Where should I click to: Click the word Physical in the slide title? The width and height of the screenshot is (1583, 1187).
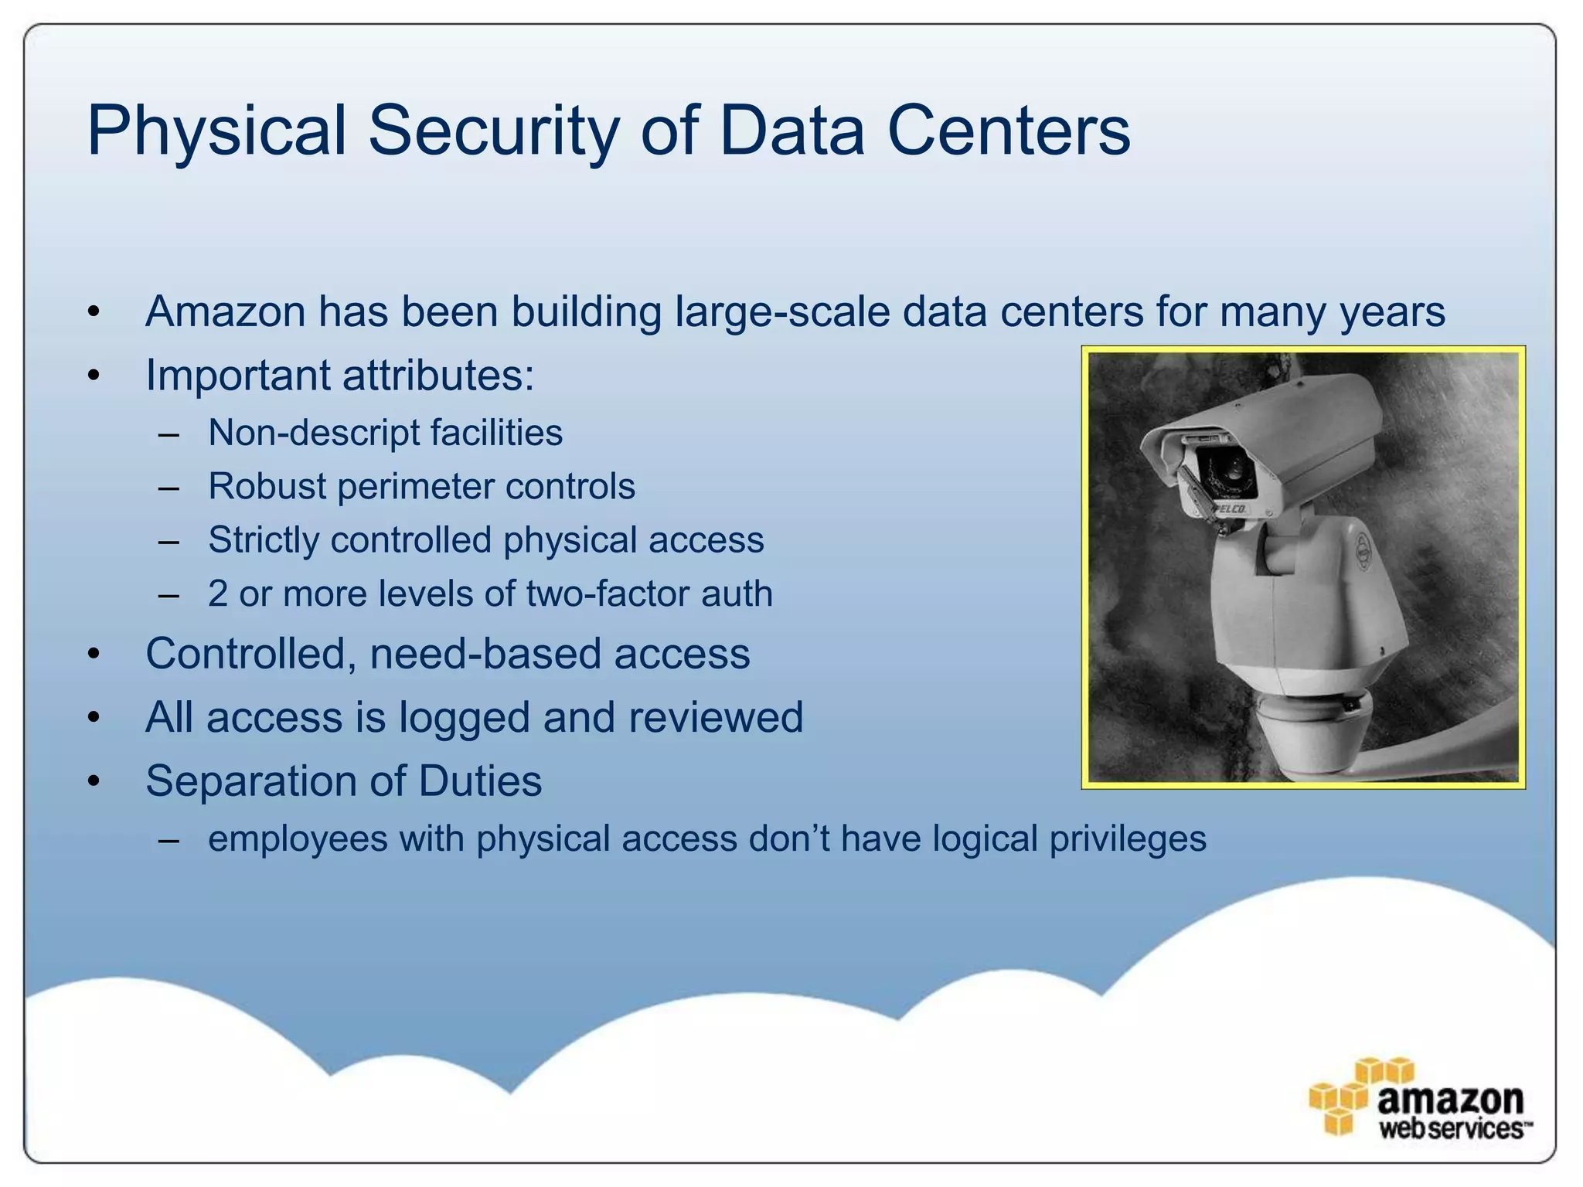(217, 131)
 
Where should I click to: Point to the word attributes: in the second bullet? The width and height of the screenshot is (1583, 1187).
(438, 376)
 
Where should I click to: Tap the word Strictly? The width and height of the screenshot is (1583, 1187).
(263, 540)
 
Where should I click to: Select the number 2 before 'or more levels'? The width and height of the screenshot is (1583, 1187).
(218, 594)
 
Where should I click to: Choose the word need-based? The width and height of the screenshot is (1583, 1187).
(485, 654)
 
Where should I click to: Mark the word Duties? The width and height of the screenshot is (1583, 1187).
(480, 781)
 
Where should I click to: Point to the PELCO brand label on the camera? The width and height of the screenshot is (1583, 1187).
(1229, 508)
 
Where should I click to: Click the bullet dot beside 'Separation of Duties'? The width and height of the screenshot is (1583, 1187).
(94, 781)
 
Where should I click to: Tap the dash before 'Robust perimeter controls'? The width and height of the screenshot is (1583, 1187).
(169, 488)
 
